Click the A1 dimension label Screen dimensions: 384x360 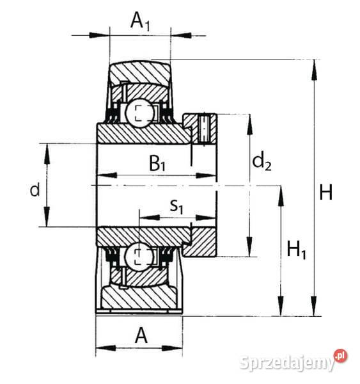[x=141, y=22]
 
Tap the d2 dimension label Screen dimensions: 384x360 [x=262, y=163]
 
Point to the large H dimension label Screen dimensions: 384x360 [x=326, y=192]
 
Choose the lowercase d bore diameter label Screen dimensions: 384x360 [x=35, y=189]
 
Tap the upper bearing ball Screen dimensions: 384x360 [x=139, y=113]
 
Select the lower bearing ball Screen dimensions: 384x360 [x=139, y=257]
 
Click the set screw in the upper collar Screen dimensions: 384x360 [x=205, y=127]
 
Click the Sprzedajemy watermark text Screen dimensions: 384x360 [x=287, y=363]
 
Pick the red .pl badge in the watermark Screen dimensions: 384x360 [x=340, y=356]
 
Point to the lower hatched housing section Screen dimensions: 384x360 [x=137, y=298]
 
